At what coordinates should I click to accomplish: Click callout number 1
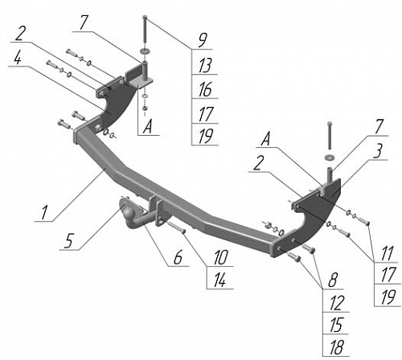click(44, 213)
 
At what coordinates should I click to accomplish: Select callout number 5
click(69, 240)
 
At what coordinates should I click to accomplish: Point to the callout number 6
click(178, 257)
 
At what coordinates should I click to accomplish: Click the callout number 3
click(378, 152)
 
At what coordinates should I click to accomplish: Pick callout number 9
click(203, 40)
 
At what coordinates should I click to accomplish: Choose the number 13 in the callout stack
click(205, 65)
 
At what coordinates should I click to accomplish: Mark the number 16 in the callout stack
click(205, 89)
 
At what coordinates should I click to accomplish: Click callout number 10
click(220, 257)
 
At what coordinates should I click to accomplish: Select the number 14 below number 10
click(219, 280)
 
